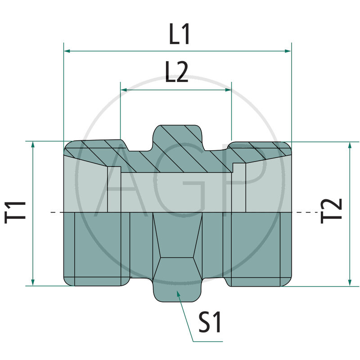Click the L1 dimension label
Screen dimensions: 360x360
coord(180,35)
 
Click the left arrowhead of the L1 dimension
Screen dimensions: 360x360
coord(67,51)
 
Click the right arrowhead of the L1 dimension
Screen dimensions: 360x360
coord(288,51)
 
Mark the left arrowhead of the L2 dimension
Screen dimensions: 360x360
coord(123,90)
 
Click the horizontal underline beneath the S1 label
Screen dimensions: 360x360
coord(207,342)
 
